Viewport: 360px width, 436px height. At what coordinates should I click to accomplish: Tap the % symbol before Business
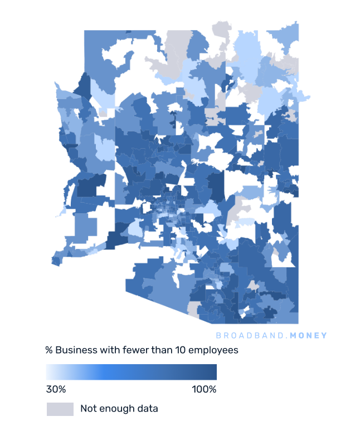(x=49, y=350)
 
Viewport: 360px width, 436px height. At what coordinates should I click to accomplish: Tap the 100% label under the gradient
(x=204, y=389)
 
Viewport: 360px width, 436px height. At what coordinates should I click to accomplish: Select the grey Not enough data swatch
(x=60, y=409)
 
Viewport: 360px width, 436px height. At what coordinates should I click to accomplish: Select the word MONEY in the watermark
(x=309, y=335)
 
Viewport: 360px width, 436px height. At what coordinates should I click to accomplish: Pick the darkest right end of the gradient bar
(x=215, y=372)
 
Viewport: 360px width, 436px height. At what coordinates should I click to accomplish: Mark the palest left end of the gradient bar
(x=48, y=372)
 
